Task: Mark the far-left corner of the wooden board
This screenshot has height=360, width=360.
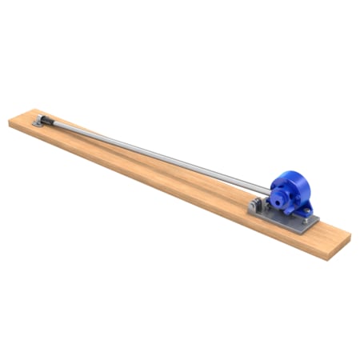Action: pos(10,120)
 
